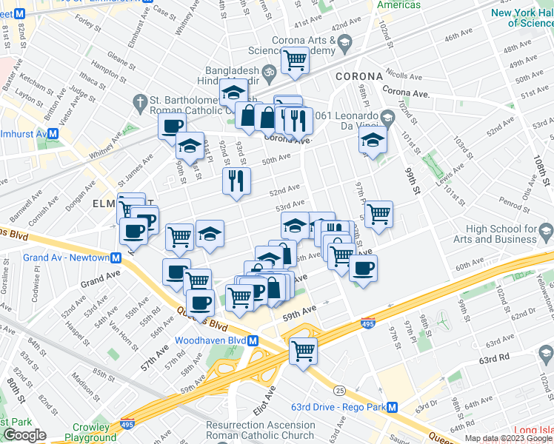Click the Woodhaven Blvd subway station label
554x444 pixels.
tap(210, 341)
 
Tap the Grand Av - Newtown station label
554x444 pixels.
tap(62, 258)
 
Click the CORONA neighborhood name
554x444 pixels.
tap(358, 76)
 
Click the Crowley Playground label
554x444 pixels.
tap(94, 432)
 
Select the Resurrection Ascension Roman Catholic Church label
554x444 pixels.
tap(261, 430)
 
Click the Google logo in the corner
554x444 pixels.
tap(24, 435)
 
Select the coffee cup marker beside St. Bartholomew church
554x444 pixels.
tap(172, 126)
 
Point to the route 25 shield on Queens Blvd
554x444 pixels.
tap(340, 390)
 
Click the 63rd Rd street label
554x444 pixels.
tap(493, 357)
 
